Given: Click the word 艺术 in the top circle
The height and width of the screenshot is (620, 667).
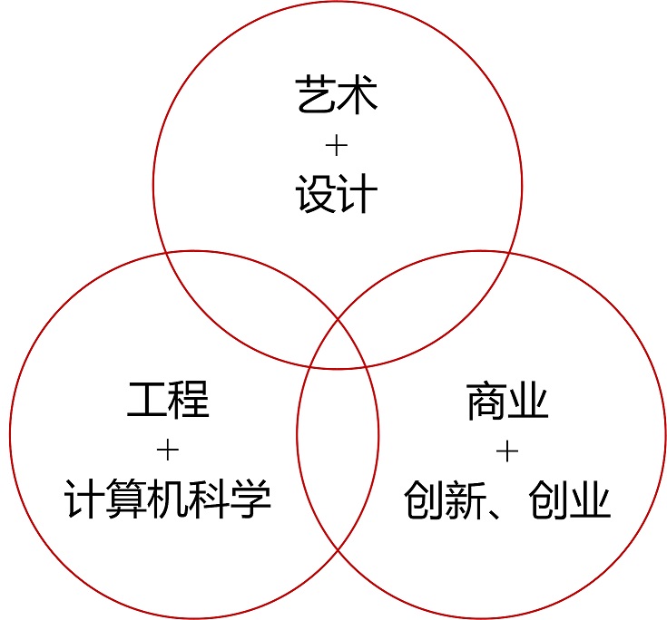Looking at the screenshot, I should click(x=338, y=95).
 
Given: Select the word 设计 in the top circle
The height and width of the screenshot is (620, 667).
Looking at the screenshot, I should click(x=338, y=195).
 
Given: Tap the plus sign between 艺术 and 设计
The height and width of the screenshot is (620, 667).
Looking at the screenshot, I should click(x=338, y=145).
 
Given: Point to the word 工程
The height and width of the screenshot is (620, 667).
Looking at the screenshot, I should click(x=168, y=400).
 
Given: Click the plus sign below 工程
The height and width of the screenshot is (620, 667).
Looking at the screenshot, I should click(x=168, y=450).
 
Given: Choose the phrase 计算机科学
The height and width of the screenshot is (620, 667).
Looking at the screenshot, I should click(x=168, y=499).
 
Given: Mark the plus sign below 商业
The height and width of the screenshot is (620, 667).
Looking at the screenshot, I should click(x=507, y=450).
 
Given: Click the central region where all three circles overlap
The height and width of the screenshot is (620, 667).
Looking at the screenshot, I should click(x=338, y=344).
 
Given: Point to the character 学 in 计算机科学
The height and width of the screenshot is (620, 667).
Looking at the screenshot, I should click(x=251, y=499).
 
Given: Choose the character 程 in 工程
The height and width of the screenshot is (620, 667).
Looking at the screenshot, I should click(x=189, y=400).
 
